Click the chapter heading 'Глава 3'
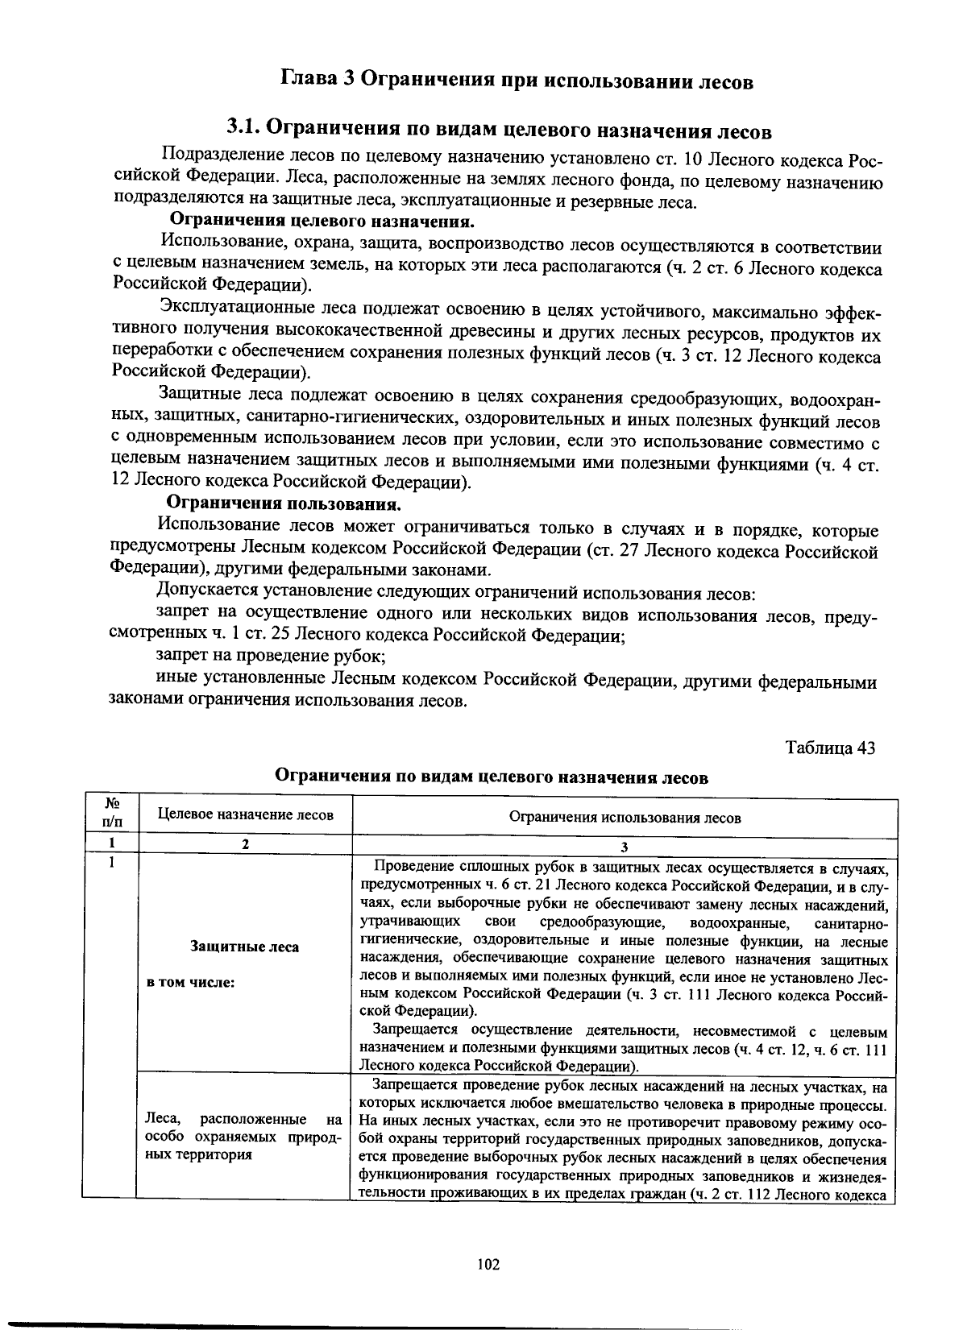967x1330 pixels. (x=317, y=80)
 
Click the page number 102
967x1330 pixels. (x=488, y=1264)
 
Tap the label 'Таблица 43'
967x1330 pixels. (x=830, y=747)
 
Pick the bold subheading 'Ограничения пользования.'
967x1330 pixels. (x=284, y=504)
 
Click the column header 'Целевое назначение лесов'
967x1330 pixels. (x=245, y=814)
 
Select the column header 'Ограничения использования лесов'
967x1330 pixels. (x=625, y=817)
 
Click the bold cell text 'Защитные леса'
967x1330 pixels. (x=244, y=947)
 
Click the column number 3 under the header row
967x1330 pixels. (x=625, y=846)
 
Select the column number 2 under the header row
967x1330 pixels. (x=245, y=843)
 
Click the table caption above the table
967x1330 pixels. (x=492, y=777)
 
